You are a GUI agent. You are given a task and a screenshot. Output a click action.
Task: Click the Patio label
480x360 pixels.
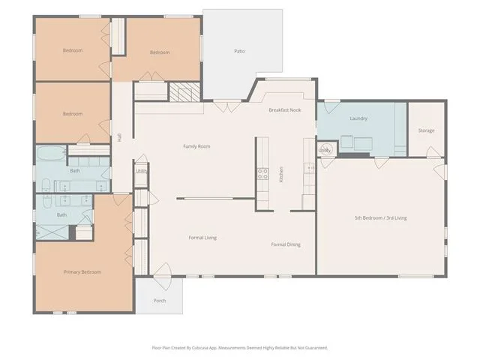pos(239,51)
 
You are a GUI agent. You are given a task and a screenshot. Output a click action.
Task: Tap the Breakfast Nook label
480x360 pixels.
pos(285,110)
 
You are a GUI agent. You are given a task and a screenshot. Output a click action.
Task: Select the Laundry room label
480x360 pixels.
pos(358,118)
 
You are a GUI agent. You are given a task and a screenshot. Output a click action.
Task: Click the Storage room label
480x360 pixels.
pos(427,130)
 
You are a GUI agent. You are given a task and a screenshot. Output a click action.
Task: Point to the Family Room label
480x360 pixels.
pos(196,146)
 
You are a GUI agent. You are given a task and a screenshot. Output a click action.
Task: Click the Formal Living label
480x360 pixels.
pos(202,238)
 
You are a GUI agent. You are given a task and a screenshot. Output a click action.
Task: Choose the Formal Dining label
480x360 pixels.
pos(286,244)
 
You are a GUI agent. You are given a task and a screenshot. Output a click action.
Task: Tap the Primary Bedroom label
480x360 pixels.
pos(82,271)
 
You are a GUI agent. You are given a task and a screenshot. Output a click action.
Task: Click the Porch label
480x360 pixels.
pos(160,301)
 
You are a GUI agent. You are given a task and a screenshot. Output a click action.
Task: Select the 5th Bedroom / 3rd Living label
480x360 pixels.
pos(381,218)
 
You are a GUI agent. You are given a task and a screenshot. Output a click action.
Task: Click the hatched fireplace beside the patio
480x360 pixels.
pos(184,91)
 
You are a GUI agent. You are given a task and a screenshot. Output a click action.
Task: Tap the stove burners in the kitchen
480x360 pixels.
pos(262,174)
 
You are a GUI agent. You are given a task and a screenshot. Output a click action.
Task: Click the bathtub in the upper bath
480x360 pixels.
pos(51,153)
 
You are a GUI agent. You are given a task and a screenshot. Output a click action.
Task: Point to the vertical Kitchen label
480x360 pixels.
pos(281,175)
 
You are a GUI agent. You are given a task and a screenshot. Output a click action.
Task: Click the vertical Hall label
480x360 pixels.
pos(119,137)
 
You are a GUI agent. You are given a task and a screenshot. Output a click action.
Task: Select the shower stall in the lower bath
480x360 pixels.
pos(52,232)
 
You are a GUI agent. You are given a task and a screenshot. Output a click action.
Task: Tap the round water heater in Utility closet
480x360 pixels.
pos(325,150)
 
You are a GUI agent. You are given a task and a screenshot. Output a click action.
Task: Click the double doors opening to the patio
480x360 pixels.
pos(227,106)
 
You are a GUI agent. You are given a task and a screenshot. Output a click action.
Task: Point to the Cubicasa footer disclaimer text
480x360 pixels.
pos(240,348)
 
